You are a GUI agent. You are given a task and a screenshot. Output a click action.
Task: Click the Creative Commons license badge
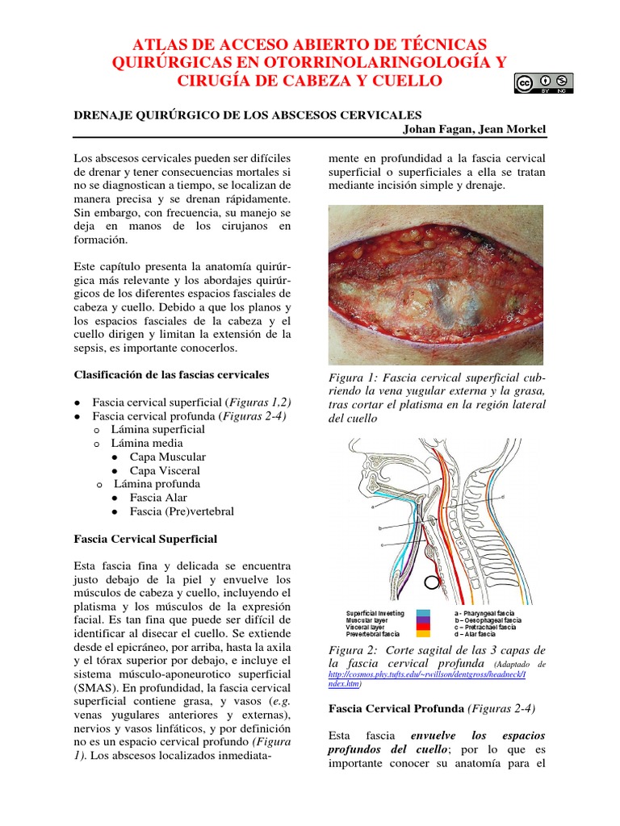[x=542, y=84]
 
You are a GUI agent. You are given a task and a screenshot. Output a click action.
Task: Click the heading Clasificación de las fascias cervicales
[x=172, y=375]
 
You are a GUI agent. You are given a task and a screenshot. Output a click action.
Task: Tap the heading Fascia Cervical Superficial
[x=145, y=539]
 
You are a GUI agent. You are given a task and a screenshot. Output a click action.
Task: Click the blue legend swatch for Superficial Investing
[x=424, y=613]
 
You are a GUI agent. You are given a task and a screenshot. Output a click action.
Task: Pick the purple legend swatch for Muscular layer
[x=424, y=620]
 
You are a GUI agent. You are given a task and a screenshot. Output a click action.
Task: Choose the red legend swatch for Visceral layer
[x=424, y=628]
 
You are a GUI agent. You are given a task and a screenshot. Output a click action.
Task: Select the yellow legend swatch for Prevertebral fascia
[x=424, y=635]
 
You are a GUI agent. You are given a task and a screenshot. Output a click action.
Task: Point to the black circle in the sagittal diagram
[x=434, y=580]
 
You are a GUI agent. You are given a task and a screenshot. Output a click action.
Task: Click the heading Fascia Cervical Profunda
[x=396, y=709]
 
